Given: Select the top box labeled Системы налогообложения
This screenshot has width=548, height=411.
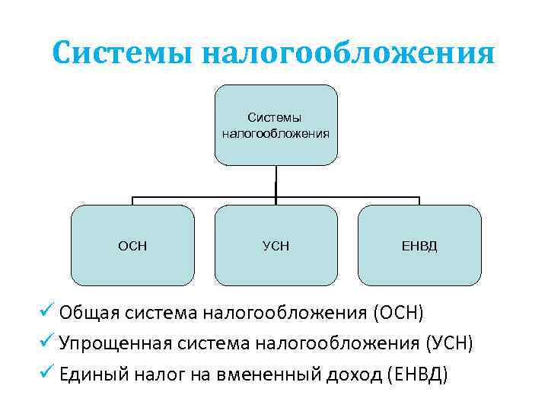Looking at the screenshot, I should (276, 125).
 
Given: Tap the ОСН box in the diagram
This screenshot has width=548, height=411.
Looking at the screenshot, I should (132, 245).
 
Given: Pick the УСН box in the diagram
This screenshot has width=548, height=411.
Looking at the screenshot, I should (276, 245).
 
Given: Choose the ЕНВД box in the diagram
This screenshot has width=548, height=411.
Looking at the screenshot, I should (419, 245).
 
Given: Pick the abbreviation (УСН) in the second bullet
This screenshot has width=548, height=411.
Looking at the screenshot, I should (448, 344).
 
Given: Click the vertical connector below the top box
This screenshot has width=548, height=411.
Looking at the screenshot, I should (276, 181).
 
